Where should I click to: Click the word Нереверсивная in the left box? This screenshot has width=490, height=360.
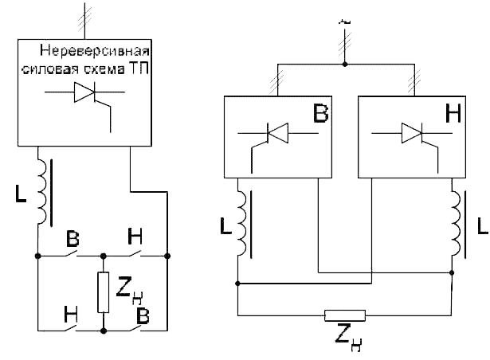(95, 50)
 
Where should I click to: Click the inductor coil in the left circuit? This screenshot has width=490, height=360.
(42, 192)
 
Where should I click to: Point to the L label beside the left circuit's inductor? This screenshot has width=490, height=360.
(21, 194)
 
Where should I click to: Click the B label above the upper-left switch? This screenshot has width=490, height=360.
(73, 239)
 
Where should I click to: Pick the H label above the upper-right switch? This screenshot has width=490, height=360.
(135, 237)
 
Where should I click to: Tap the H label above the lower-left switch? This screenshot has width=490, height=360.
(71, 315)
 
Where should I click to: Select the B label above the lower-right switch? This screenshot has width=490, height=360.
(143, 315)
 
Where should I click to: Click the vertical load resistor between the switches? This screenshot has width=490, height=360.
(103, 292)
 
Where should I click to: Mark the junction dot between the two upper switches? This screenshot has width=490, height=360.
(103, 256)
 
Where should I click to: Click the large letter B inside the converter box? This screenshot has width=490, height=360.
(320, 113)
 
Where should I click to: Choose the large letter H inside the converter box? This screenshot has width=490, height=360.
(453, 113)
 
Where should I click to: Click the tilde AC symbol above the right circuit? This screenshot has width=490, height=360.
(345, 22)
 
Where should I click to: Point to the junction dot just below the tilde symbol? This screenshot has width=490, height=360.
(345, 65)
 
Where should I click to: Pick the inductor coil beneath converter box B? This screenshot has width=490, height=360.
(242, 224)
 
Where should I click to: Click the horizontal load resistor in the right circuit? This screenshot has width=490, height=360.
(345, 315)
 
